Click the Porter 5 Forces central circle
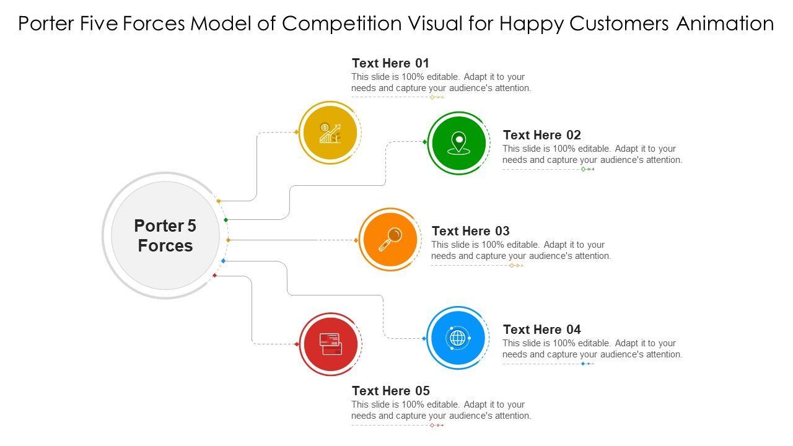(x=165, y=235)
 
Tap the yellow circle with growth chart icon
(x=329, y=133)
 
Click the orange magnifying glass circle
(x=390, y=239)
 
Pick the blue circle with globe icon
(x=457, y=338)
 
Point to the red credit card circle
(x=330, y=344)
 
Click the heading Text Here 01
(x=390, y=63)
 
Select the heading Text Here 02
(x=541, y=135)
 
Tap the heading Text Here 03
(x=470, y=231)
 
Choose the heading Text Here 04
(x=541, y=330)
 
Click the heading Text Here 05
(x=390, y=391)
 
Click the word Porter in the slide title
(x=47, y=24)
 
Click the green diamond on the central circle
(x=226, y=220)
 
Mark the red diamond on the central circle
(x=215, y=275)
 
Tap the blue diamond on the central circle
(x=223, y=261)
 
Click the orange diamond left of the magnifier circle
(x=356, y=240)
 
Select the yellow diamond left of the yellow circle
(x=297, y=132)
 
